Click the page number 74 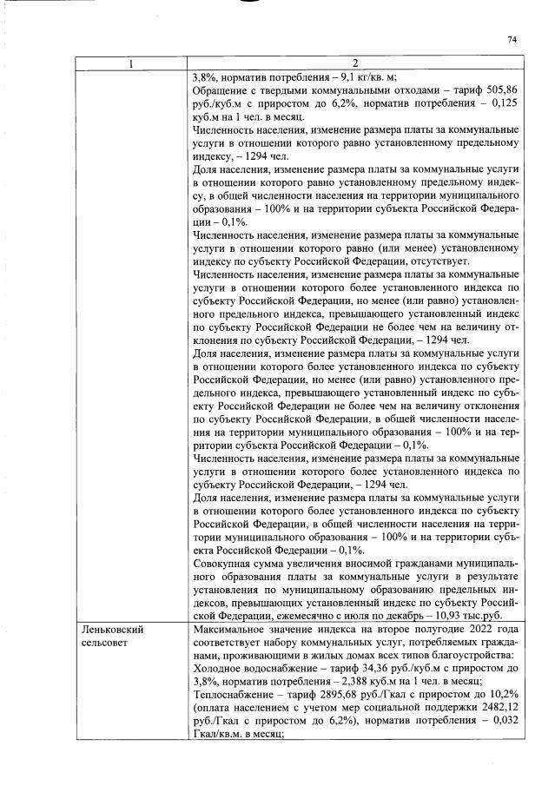tap(512, 39)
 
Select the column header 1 tap(132, 63)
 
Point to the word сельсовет tap(102, 641)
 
